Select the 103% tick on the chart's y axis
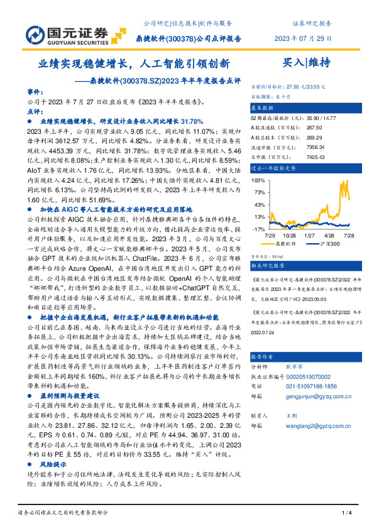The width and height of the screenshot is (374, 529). coord(258,180)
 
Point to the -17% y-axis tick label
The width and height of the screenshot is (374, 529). coord(258,229)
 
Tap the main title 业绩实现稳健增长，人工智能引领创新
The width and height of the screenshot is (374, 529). coord(134,63)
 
